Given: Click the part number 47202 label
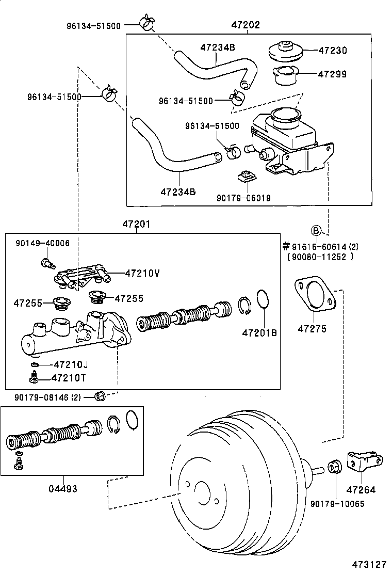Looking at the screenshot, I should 246,24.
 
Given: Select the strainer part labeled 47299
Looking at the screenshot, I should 284,75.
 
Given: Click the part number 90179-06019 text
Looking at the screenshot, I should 243,198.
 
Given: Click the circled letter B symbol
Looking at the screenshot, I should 316,230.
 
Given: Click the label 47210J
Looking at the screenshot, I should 71,365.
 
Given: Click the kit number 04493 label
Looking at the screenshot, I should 63,488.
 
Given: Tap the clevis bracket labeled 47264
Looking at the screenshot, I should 363,461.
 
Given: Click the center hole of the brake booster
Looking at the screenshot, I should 202,494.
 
